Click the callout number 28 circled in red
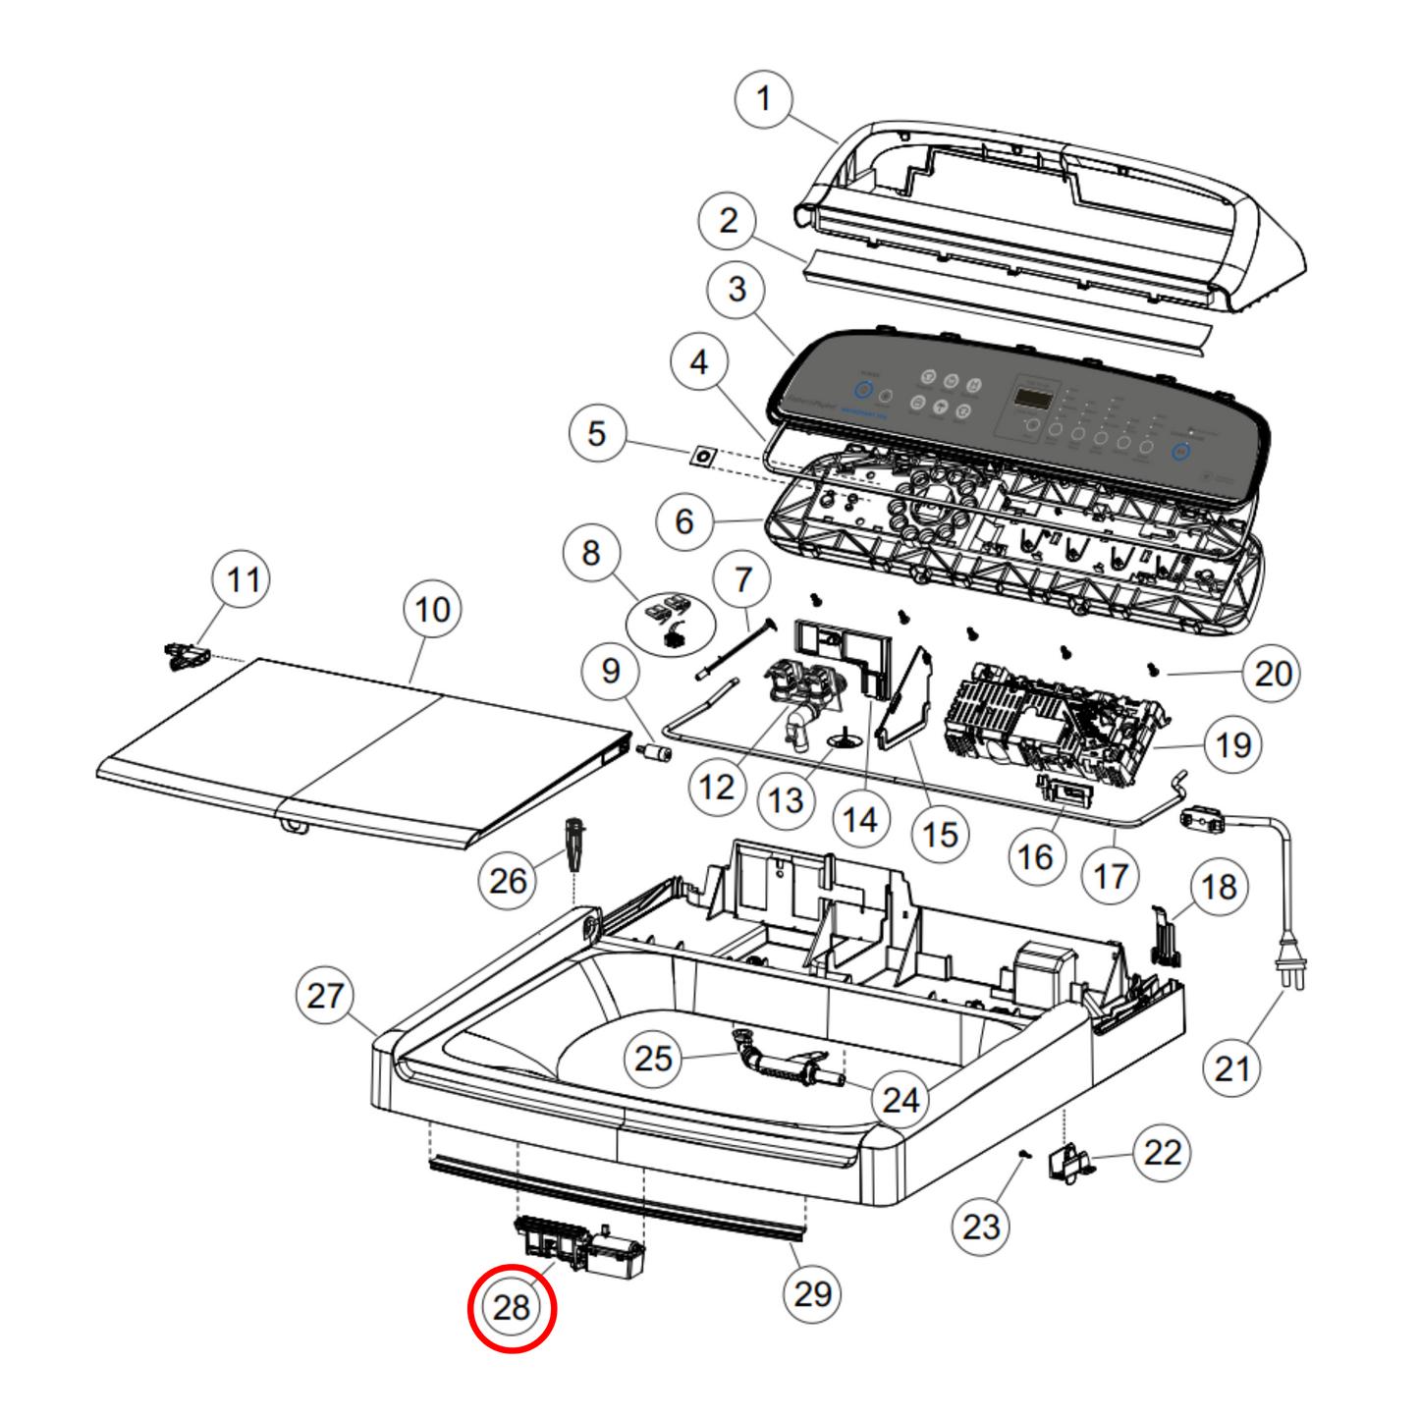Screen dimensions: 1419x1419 point(512,1308)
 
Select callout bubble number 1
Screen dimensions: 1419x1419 point(764,99)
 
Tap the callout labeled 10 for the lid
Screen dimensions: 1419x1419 point(432,610)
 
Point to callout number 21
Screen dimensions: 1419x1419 point(1231,1068)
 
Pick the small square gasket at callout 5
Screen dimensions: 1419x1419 point(703,457)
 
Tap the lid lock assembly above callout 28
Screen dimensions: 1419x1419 point(579,1245)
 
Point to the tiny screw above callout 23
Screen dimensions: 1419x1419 point(1024,1155)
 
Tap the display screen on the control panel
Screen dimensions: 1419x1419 point(1033,399)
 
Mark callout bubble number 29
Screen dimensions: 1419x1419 point(812,1294)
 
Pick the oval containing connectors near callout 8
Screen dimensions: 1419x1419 point(671,623)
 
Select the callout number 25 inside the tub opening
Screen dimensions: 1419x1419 point(653,1059)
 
